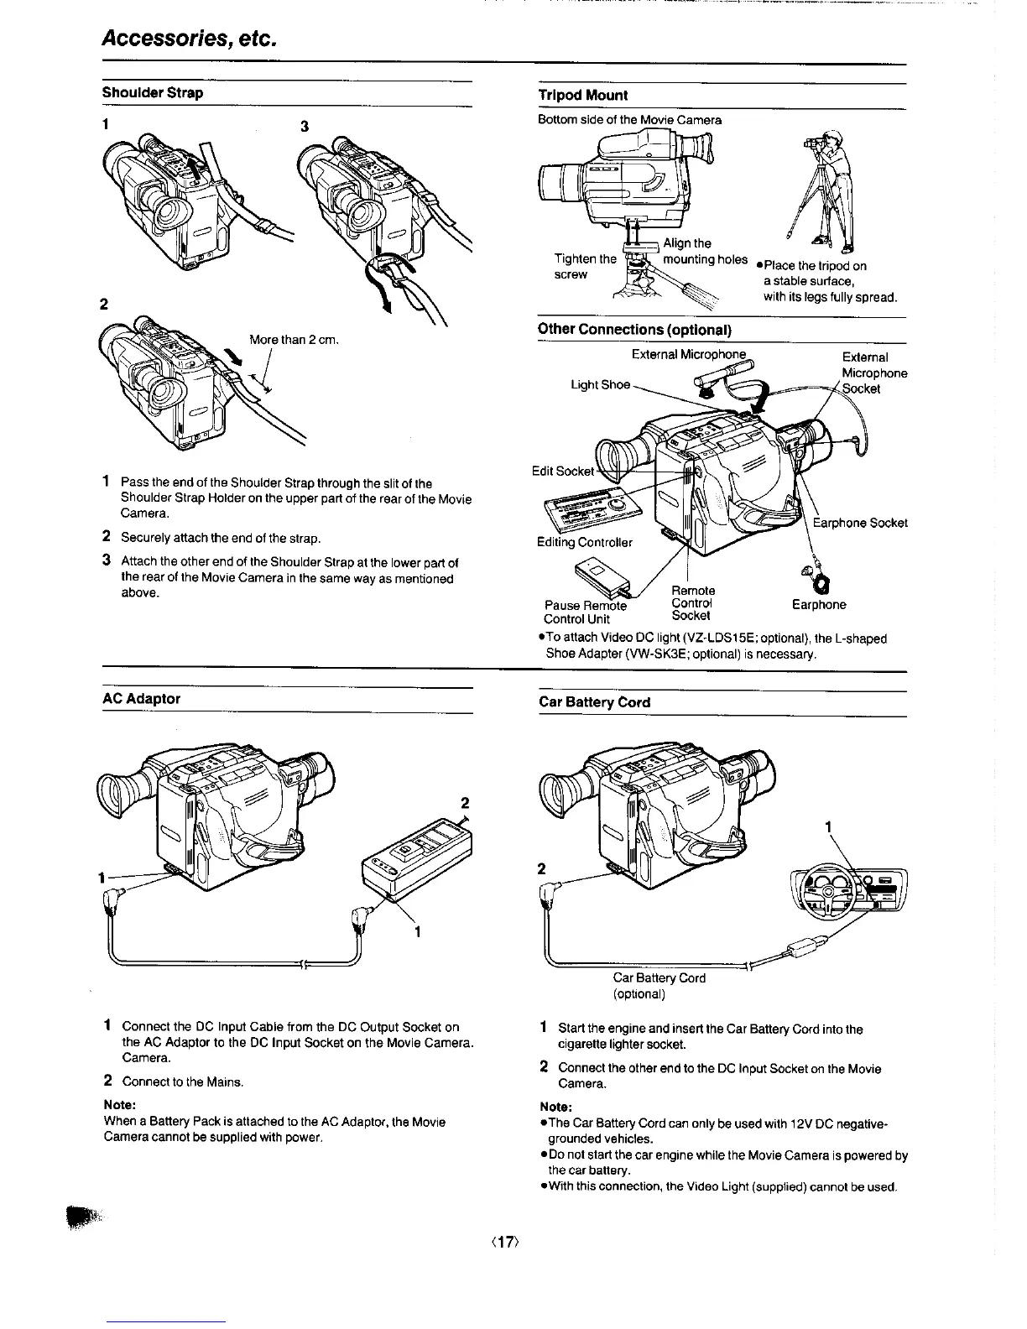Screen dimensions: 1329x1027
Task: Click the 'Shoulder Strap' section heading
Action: click(x=153, y=93)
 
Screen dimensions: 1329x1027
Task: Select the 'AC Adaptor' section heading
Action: click(x=142, y=698)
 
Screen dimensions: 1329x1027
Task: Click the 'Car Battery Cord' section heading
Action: click(x=595, y=702)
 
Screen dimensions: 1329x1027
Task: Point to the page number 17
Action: click(x=513, y=1237)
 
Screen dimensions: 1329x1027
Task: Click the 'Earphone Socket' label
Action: click(x=860, y=523)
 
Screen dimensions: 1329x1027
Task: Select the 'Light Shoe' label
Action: click(x=600, y=384)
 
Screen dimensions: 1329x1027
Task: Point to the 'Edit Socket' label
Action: click(x=564, y=471)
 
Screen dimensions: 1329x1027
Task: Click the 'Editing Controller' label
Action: click(x=585, y=542)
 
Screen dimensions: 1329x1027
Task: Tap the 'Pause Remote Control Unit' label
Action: click(x=586, y=612)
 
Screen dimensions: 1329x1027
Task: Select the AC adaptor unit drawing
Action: click(x=417, y=860)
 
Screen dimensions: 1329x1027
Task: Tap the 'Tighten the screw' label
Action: click(x=585, y=266)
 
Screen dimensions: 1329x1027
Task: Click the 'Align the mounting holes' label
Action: click(x=703, y=252)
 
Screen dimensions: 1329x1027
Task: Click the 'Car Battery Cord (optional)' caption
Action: click(x=659, y=986)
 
